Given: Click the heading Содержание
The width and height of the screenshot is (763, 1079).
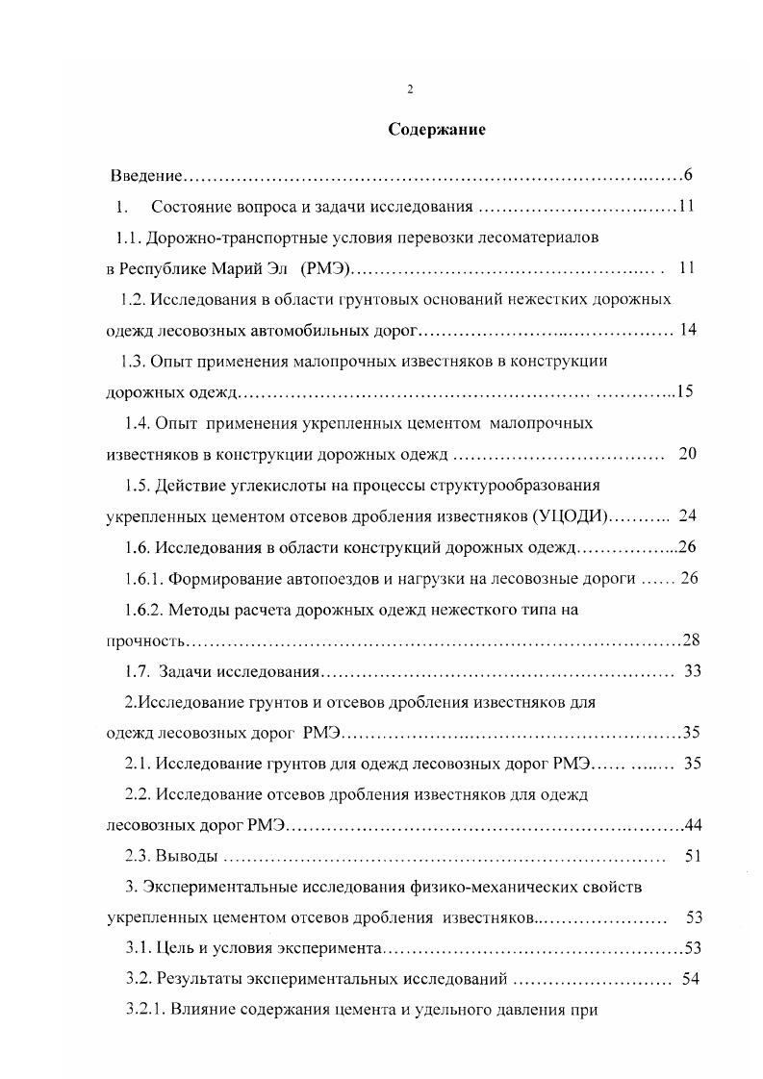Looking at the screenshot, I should coord(437,130).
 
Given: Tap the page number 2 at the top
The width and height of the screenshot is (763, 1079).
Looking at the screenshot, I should coord(410,89).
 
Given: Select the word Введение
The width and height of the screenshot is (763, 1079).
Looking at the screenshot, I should coord(146,175).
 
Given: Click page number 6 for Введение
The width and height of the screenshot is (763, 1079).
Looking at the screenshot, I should coord(688,175).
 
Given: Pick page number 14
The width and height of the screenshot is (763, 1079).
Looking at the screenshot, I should coord(687,330).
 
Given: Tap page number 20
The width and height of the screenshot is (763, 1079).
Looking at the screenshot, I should coord(687,454).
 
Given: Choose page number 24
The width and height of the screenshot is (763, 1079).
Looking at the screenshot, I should coord(687,515).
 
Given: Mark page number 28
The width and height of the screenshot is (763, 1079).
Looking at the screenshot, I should coord(691,640).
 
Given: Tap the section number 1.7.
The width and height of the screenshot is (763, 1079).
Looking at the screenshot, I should coord(138,671).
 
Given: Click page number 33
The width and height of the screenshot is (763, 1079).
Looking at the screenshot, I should coord(692,671).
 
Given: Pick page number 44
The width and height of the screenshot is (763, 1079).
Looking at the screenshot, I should coord(691,826).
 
